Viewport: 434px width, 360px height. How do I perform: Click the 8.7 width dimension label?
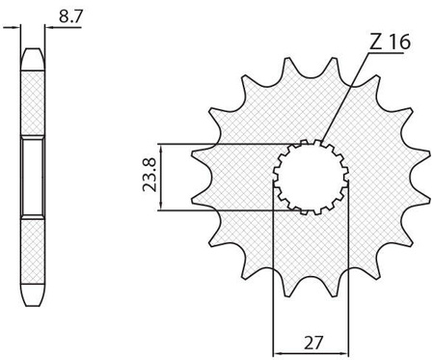(70, 16)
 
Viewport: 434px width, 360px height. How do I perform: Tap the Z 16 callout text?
(390, 42)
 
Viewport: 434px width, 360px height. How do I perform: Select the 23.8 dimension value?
(149, 175)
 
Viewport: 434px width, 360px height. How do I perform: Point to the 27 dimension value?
(312, 343)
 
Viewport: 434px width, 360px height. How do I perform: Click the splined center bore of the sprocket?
(311, 177)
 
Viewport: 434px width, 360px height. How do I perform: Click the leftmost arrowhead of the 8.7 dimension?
(15, 28)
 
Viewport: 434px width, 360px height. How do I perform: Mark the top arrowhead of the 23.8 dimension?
(161, 149)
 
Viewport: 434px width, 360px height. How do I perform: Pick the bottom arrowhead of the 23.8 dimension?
(161, 206)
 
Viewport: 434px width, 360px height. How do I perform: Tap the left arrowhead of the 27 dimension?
(278, 352)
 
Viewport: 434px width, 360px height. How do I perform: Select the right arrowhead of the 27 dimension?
(343, 352)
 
